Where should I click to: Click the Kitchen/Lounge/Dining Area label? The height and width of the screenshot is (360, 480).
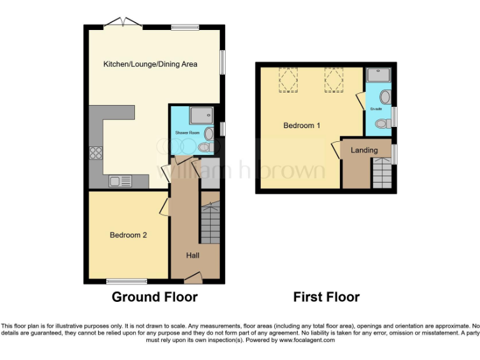click(150, 64)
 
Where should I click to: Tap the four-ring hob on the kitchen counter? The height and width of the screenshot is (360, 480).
click(97, 153)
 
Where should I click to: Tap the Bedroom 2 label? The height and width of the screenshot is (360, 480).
click(128, 235)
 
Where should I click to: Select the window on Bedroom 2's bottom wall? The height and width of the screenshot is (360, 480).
click(126, 281)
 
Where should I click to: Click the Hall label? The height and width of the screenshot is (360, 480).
click(193, 255)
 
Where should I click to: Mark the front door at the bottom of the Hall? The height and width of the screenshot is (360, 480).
click(193, 276)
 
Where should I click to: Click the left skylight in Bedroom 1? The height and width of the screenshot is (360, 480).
click(288, 81)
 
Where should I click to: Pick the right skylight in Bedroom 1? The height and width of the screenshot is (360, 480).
click(333, 81)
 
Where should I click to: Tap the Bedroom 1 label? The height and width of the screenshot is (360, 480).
click(302, 126)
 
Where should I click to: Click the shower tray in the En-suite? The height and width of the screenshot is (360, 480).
click(379, 75)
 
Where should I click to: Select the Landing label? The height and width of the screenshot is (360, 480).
click(364, 150)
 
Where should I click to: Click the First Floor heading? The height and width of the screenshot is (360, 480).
click(326, 297)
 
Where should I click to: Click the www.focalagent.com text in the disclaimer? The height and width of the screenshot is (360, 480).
click(307, 340)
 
